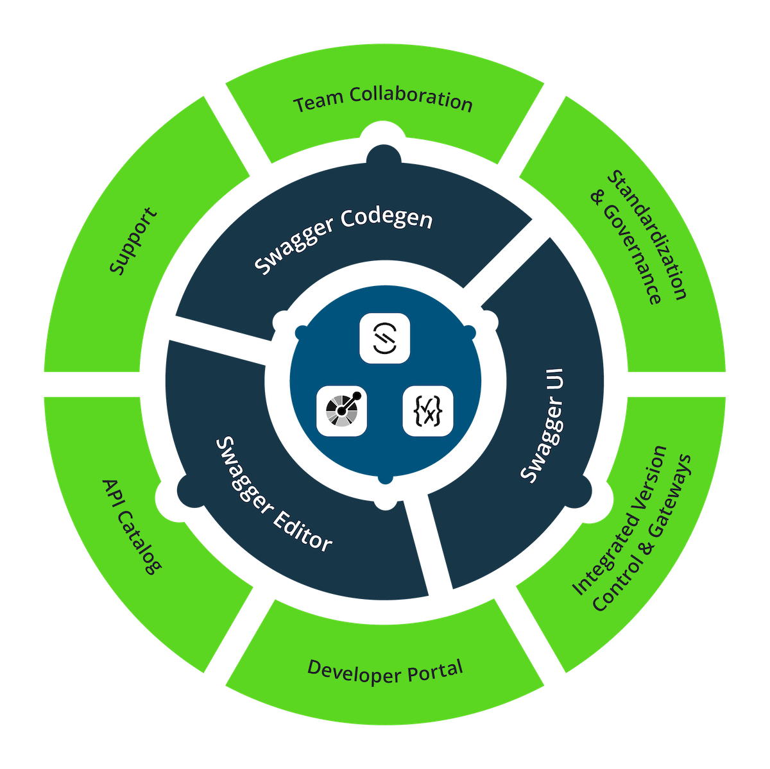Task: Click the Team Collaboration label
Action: click(x=383, y=101)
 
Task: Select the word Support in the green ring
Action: click(x=133, y=241)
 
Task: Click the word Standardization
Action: click(x=647, y=235)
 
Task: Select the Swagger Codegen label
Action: click(x=343, y=240)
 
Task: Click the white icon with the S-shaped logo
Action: click(x=384, y=338)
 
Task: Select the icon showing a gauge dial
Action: click(x=341, y=411)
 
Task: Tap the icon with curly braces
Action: click(x=428, y=411)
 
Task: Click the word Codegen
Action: click(x=387, y=219)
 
